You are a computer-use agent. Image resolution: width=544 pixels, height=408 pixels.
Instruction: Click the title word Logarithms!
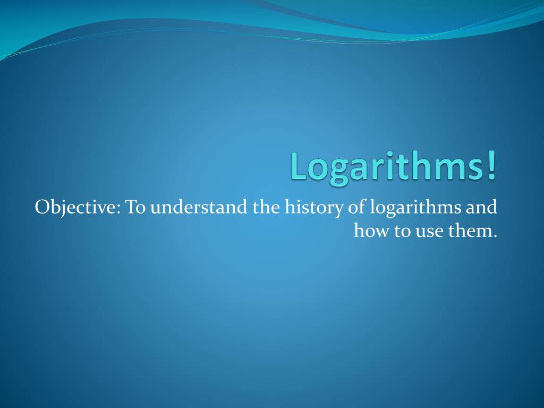[394, 167]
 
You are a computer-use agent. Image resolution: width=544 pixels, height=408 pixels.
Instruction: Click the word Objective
[76, 208]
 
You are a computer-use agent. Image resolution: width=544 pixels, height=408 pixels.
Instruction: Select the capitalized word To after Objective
[135, 207]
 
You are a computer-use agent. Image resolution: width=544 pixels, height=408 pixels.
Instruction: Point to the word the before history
[267, 207]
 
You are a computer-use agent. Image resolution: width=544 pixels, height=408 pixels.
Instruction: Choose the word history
[314, 208]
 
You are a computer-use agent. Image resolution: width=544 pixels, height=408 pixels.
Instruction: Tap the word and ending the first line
[482, 207]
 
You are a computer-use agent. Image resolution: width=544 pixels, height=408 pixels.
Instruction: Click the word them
[469, 231]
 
